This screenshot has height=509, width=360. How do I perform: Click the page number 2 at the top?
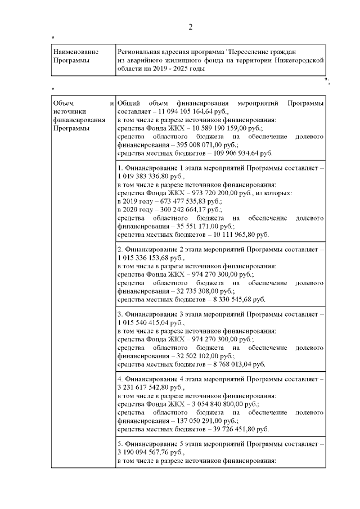(190, 28)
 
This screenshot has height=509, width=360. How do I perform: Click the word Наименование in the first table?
(73, 51)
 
